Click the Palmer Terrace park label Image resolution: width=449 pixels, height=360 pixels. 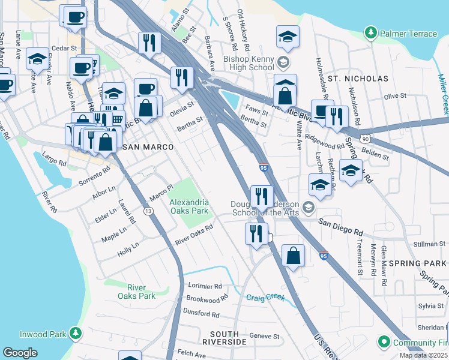408,34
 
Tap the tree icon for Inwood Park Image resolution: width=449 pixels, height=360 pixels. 76,332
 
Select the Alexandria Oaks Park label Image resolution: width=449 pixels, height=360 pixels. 188,207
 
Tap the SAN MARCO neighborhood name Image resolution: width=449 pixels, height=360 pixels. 148,147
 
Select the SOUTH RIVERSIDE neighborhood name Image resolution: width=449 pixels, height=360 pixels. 228,338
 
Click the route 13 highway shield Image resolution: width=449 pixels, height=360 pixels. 148,211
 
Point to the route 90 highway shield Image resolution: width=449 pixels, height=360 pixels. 366,138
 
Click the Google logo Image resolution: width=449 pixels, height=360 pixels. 20,353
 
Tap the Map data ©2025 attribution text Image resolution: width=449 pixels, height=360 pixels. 424,355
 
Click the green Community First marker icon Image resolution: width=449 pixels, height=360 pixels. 384,343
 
